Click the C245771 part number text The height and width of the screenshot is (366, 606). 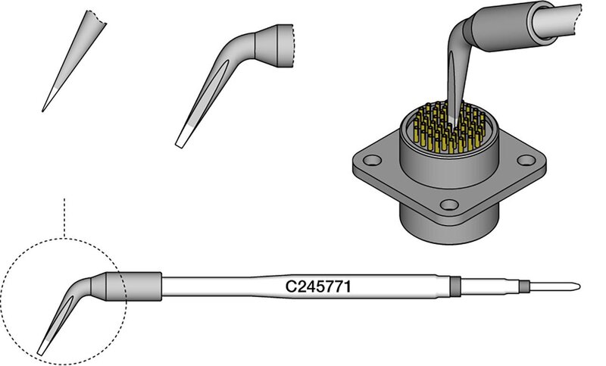(318, 286)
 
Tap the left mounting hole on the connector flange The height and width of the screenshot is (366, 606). (373, 159)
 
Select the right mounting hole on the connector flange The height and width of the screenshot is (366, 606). (526, 159)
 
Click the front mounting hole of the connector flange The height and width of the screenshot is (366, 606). (449, 205)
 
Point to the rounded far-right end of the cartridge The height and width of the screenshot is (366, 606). (578, 286)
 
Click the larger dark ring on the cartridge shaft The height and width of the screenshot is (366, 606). (456, 286)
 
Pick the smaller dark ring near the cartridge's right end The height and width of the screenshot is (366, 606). (523, 286)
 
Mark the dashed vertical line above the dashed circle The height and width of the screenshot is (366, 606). (64, 218)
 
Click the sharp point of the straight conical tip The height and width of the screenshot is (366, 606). (42, 111)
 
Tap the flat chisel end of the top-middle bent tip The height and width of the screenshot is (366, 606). (180, 145)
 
